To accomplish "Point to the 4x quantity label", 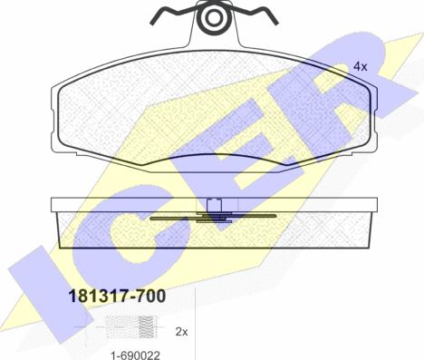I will click(x=359, y=67).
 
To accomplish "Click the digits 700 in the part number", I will click(x=149, y=294).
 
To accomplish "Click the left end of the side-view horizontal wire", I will click(x=150, y=219).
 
